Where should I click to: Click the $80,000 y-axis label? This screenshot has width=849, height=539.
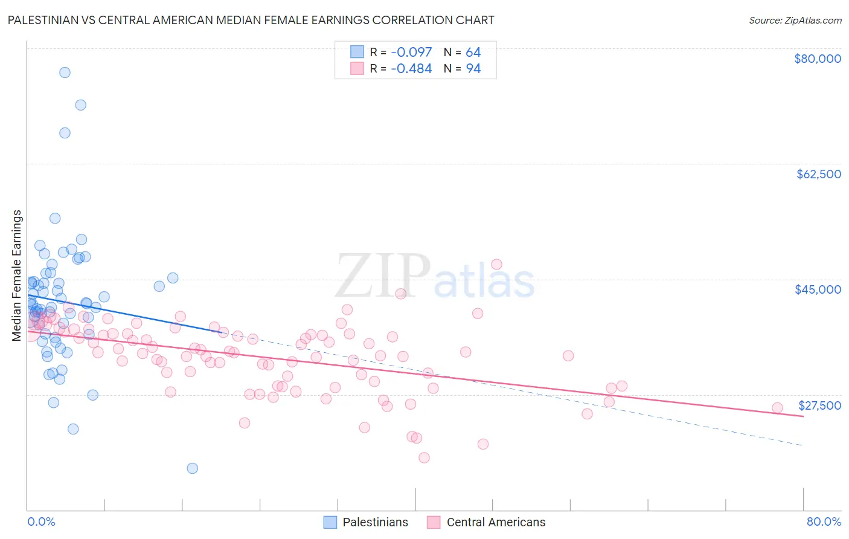click(817, 59)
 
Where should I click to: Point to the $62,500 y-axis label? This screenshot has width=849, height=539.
click(818, 174)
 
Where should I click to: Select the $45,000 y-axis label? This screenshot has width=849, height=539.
click(818, 289)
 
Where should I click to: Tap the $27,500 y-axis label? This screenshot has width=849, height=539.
click(819, 405)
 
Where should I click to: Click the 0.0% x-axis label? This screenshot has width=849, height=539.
click(41, 521)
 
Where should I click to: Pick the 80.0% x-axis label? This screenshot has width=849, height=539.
click(824, 521)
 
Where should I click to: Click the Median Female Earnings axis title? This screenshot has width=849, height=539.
click(17, 276)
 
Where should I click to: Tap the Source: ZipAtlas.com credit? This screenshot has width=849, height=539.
click(795, 20)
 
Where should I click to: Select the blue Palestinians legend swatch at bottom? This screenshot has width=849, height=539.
click(330, 522)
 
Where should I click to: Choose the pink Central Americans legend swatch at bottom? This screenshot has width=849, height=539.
click(434, 522)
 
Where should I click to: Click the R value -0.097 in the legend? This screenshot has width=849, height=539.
click(411, 52)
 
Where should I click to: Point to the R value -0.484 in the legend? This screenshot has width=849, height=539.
click(411, 69)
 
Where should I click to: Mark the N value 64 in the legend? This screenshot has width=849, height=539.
click(473, 52)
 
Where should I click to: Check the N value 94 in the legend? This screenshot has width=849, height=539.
click(473, 69)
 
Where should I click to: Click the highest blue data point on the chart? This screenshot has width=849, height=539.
click(65, 73)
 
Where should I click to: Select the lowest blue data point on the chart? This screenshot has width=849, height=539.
click(192, 468)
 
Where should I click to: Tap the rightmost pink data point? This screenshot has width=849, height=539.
click(777, 408)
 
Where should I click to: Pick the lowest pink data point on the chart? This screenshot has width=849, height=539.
click(424, 458)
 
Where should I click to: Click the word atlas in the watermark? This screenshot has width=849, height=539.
click(484, 282)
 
